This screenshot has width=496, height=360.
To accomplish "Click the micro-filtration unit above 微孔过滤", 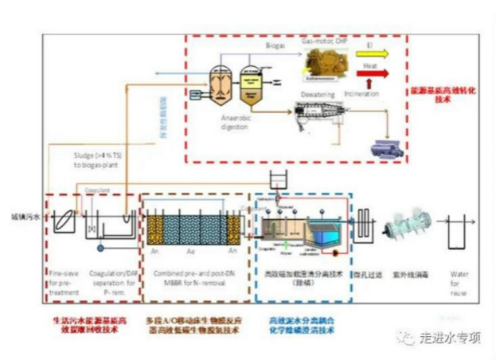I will coord(362,218).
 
